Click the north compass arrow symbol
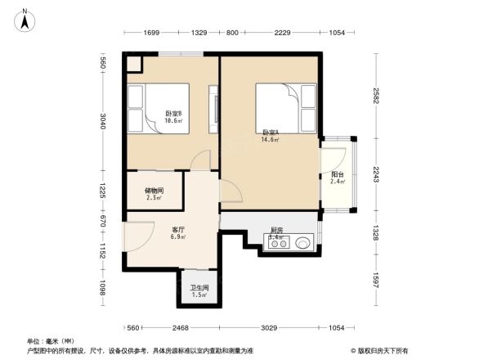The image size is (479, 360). click(25, 19)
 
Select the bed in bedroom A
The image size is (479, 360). click(286, 106)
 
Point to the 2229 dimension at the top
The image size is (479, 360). click(283, 32)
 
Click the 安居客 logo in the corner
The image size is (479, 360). click(381, 350)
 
